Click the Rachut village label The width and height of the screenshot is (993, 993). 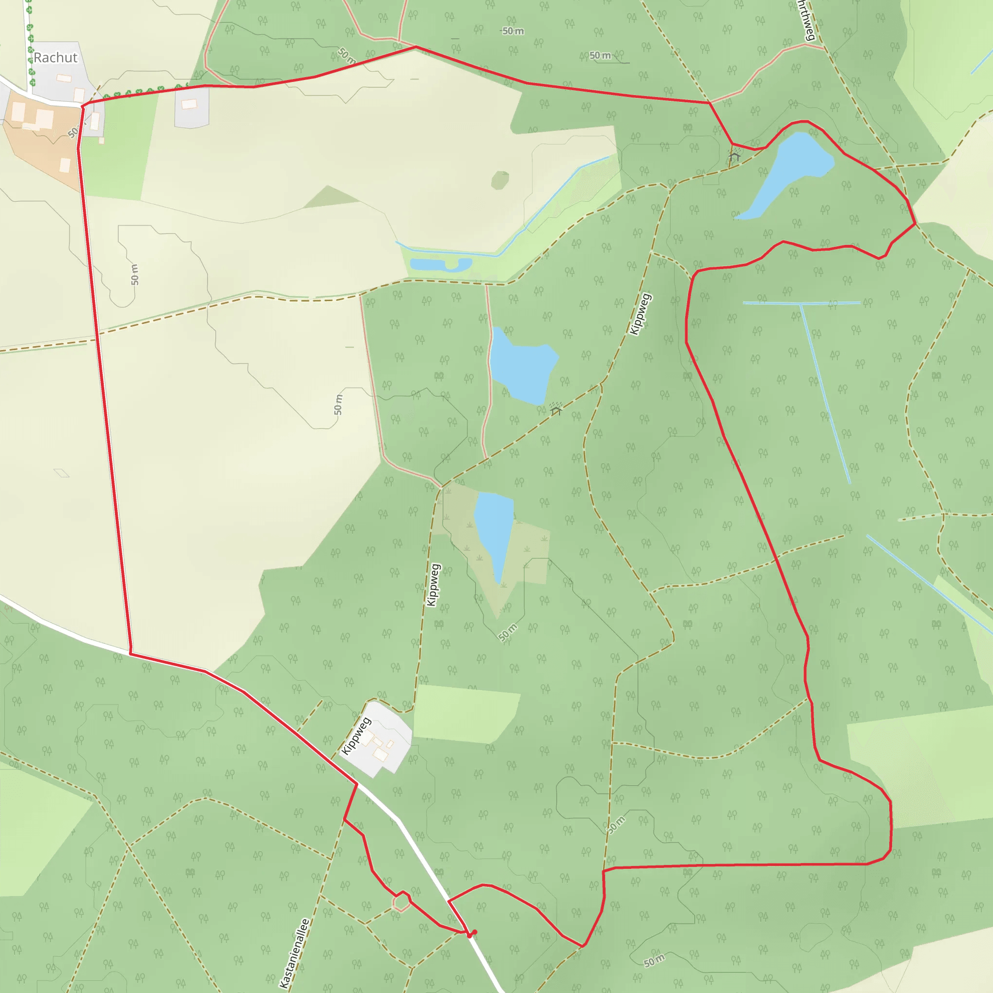(x=55, y=58)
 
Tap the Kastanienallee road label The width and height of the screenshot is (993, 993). (x=294, y=953)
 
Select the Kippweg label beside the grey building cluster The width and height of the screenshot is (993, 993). (x=356, y=736)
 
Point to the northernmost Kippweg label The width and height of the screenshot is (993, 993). (x=641, y=314)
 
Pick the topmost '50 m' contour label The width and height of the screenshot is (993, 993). (x=513, y=32)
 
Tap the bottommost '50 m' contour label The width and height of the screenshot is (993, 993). (x=654, y=960)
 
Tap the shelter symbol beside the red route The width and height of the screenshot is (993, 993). (x=735, y=155)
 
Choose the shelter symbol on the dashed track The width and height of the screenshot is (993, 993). (x=556, y=409)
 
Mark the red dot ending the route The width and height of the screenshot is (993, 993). (x=474, y=932)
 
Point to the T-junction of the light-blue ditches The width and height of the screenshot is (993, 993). (x=801, y=304)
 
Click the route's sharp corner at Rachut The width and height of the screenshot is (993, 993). (x=83, y=106)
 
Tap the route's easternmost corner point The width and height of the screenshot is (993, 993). (x=915, y=224)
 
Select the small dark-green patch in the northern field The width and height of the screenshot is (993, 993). (x=499, y=180)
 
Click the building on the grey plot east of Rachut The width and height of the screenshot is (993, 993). (x=189, y=104)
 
